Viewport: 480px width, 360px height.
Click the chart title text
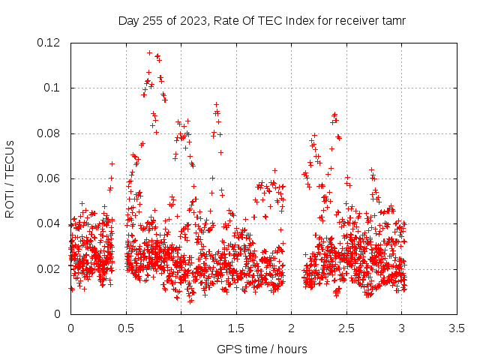[x=262, y=21]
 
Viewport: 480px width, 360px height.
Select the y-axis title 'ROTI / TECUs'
[x=10, y=179]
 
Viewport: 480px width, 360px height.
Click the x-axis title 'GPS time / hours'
[x=262, y=349]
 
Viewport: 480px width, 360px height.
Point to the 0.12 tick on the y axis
[x=48, y=43]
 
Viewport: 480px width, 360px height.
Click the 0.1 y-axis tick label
[x=52, y=88]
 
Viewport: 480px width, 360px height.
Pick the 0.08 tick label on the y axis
[x=48, y=133]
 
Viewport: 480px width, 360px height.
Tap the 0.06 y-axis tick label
[x=48, y=178]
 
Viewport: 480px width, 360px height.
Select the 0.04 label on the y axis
[x=48, y=223]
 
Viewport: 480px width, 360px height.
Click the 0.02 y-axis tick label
[x=48, y=269]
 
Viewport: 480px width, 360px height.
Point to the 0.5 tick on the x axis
[x=126, y=328]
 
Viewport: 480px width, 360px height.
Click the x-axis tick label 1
[x=181, y=328]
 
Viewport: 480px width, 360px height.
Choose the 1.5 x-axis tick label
[x=236, y=328]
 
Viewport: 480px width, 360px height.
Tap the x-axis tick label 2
[x=291, y=328]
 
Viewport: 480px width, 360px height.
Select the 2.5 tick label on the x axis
[x=346, y=328]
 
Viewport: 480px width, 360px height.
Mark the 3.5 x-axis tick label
[x=457, y=328]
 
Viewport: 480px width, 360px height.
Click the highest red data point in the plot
[x=149, y=53]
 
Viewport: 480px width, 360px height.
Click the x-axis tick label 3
[x=402, y=328]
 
